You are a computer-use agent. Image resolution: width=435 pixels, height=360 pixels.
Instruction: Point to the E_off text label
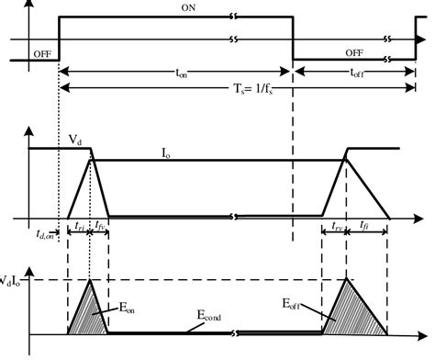tap(296, 299)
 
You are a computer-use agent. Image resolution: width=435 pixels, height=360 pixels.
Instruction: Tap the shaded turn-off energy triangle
tap(347, 312)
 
